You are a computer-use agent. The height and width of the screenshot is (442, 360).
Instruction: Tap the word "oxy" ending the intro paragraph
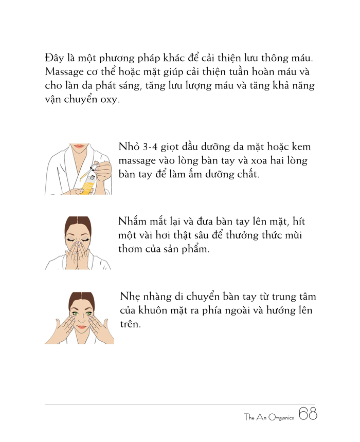click(x=109, y=99)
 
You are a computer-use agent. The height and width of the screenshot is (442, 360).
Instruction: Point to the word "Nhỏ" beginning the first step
click(x=129, y=147)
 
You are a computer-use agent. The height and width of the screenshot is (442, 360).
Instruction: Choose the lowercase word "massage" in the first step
click(x=137, y=161)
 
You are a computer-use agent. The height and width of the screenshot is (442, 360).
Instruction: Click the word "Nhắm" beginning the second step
click(x=132, y=222)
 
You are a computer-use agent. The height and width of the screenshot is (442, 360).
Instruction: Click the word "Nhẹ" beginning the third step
click(x=131, y=297)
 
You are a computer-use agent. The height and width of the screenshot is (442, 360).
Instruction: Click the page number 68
click(x=308, y=414)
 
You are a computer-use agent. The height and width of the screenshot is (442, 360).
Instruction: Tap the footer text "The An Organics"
click(x=269, y=417)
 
